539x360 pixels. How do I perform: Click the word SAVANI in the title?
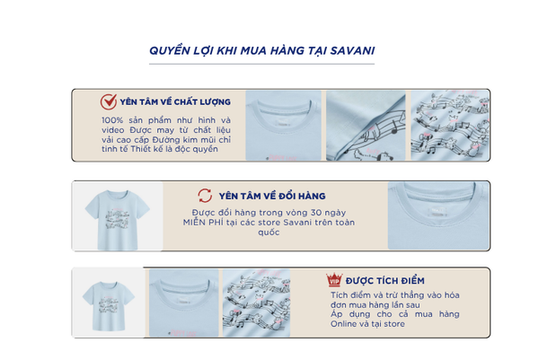352,51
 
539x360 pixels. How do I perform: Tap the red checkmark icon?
109,101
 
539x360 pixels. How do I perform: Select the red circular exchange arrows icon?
205,196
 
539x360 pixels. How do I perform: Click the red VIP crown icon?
334,280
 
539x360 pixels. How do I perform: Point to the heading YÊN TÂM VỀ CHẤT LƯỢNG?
175,102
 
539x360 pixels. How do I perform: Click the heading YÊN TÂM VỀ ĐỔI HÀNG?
272,196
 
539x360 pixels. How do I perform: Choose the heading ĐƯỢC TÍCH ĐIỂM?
385,281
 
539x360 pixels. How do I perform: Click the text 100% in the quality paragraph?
112,120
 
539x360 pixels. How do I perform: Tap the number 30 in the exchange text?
315,212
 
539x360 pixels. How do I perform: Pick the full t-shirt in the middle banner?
117,220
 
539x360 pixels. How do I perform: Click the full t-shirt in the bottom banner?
109,306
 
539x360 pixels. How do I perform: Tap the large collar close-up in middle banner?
438,215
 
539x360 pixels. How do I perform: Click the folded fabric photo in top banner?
366,126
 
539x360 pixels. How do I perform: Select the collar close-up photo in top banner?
283,126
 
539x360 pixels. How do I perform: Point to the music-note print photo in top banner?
450,126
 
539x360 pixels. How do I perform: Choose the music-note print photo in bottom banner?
256,303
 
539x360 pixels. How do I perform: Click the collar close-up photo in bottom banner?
183,303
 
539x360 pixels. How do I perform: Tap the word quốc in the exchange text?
269,233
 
